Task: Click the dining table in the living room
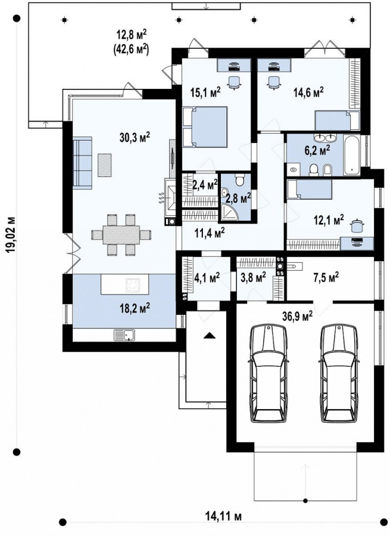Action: tap(121, 235)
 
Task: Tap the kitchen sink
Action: tap(124, 335)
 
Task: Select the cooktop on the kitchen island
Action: tap(133, 286)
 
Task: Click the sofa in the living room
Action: tap(82, 162)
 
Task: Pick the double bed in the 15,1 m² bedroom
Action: tap(205, 127)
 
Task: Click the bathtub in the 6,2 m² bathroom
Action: tap(352, 156)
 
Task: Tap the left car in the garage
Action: tap(269, 374)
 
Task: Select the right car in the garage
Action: tap(339, 374)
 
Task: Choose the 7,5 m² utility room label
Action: tap(326, 277)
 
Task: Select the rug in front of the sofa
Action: tap(105, 165)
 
